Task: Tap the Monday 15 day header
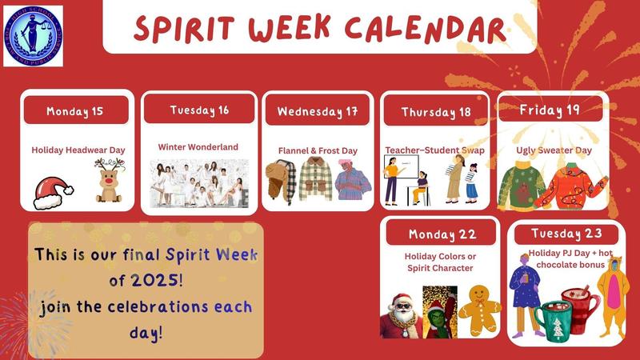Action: coord(75,110)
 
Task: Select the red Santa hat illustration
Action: coord(53,191)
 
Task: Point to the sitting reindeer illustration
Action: coord(110,182)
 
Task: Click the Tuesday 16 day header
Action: coord(198,110)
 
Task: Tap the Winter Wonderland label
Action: coord(198,147)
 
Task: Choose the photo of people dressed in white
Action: coord(198,183)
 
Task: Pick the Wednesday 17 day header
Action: coord(317,111)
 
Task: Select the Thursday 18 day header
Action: coord(436,112)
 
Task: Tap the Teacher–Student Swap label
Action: coord(436,150)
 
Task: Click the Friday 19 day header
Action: coord(550,109)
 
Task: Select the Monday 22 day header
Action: coord(442,234)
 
